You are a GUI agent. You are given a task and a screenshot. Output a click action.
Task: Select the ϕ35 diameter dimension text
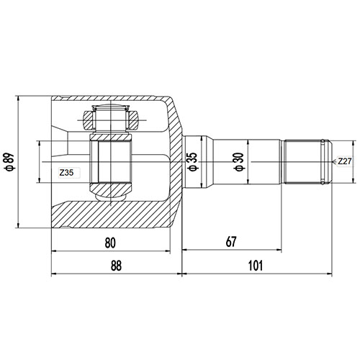click(192, 161)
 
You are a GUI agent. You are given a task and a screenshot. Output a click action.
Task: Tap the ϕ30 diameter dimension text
click(238, 161)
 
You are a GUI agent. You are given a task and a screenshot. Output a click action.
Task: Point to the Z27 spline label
click(345, 162)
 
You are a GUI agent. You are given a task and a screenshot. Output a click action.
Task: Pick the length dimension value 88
click(116, 266)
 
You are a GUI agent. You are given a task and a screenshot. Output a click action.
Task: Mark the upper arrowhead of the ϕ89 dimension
click(17, 98)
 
